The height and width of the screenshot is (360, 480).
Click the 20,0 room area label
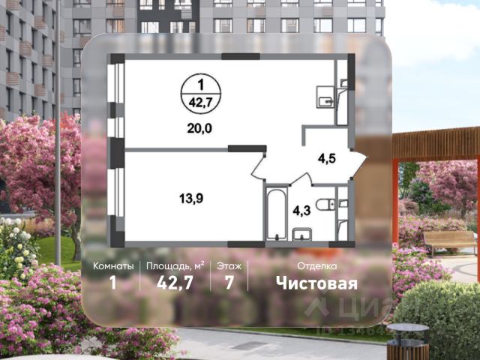[199, 128]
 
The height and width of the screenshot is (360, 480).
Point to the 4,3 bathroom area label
[302, 211]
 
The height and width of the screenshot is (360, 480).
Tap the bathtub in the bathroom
[276, 213]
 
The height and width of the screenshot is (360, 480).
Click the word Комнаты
[114, 266]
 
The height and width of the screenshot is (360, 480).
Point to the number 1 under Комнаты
[114, 283]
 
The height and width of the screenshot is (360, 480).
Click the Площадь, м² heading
[175, 266]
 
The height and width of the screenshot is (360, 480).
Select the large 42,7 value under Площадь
[175, 283]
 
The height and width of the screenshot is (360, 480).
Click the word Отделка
[316, 266]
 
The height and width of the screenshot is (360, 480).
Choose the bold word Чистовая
[316, 283]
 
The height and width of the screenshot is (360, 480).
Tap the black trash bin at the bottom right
[407, 343]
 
